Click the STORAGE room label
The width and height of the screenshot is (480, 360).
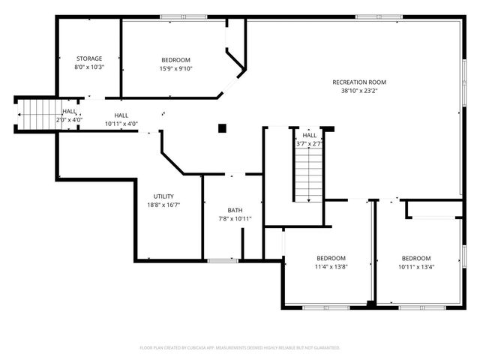(89, 58)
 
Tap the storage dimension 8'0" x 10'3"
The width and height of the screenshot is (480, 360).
(89, 67)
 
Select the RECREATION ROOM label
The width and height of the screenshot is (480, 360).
(359, 82)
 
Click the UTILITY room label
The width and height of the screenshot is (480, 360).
(163, 196)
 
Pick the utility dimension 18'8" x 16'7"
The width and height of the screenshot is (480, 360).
(163, 204)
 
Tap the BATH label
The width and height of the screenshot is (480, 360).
(235, 210)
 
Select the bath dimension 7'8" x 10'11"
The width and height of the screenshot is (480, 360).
(235, 218)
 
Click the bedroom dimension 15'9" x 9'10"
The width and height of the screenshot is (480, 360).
(176, 68)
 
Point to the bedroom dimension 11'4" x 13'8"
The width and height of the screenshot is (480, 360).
(331, 265)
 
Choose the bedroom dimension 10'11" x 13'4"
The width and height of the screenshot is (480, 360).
(415, 265)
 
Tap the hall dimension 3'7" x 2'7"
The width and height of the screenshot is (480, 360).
(309, 143)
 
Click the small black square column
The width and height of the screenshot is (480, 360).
(222, 128)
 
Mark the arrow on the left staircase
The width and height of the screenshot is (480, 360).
(20, 114)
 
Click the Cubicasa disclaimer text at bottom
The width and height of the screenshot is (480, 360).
(240, 348)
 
